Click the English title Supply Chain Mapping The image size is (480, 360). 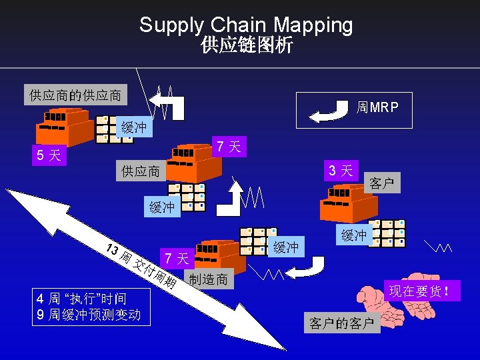point(246,25)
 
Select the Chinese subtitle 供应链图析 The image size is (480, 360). point(246,45)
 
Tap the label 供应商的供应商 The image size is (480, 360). point(75,95)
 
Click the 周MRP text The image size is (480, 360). point(378,107)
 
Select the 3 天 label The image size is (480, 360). point(341,170)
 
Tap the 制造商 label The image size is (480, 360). point(208,279)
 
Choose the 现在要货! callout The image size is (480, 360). point(425,291)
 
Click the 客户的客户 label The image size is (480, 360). point(341,323)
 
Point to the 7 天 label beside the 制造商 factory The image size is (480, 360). point(177,257)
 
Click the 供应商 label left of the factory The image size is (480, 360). point(140,171)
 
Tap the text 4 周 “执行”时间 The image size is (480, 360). point(82,298)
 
